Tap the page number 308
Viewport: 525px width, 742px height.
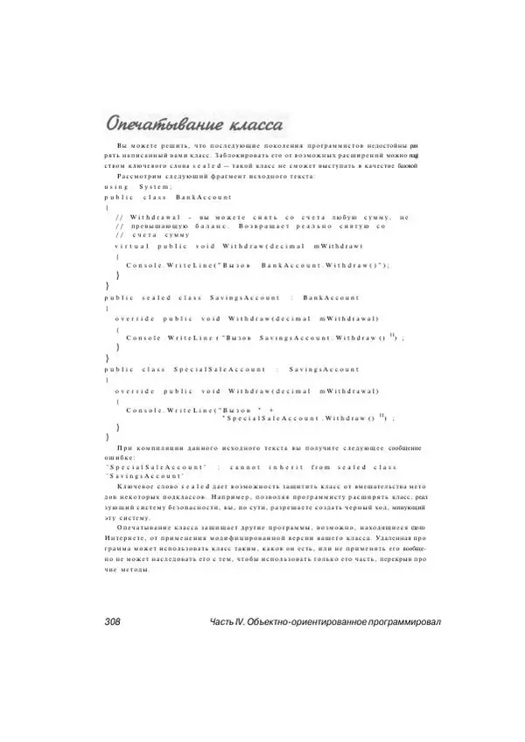tap(113, 621)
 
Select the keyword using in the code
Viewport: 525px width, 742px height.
tap(116, 187)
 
